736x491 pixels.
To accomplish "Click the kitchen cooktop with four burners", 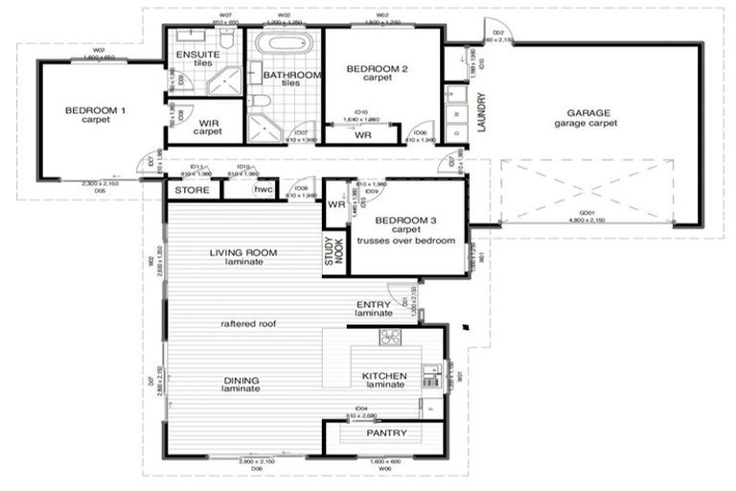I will point(389,337).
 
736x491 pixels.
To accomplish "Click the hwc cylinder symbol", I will point(263,190).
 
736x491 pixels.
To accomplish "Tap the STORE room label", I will point(191,190).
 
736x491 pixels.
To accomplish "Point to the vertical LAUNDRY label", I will point(481,113).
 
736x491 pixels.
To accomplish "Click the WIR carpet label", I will point(208,127).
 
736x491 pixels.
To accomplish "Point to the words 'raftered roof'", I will point(248,324).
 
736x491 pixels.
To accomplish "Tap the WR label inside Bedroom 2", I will point(362,135).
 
